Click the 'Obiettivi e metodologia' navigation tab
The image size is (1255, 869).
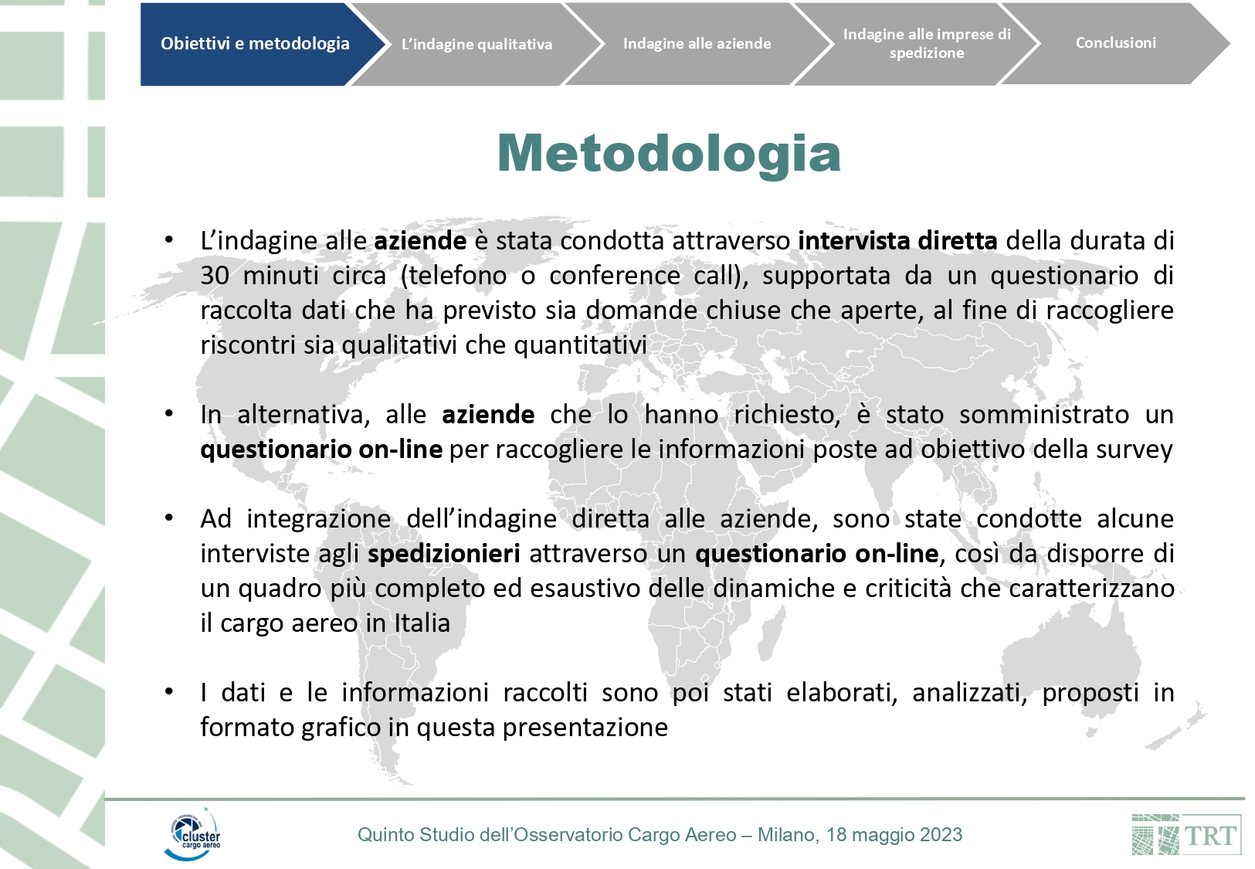pos(255,44)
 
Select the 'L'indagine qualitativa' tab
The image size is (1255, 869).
pos(477,45)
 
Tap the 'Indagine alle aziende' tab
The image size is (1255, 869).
pos(697,44)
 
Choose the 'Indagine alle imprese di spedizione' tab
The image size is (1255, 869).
pos(926,44)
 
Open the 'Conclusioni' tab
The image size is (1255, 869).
pos(1115,43)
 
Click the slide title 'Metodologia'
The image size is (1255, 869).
pos(669,153)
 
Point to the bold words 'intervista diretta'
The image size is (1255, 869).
pos(897,241)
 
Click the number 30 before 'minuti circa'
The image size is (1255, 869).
pos(214,276)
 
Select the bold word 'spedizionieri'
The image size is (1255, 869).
pos(443,554)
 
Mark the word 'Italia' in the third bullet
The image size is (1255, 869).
pos(422,623)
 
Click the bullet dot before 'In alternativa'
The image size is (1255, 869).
pos(168,414)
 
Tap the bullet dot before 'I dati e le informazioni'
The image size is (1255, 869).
pos(168,692)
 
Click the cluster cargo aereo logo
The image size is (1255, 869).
pos(193,834)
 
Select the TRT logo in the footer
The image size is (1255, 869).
pos(1186,835)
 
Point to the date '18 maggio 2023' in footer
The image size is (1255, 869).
pos(894,835)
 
